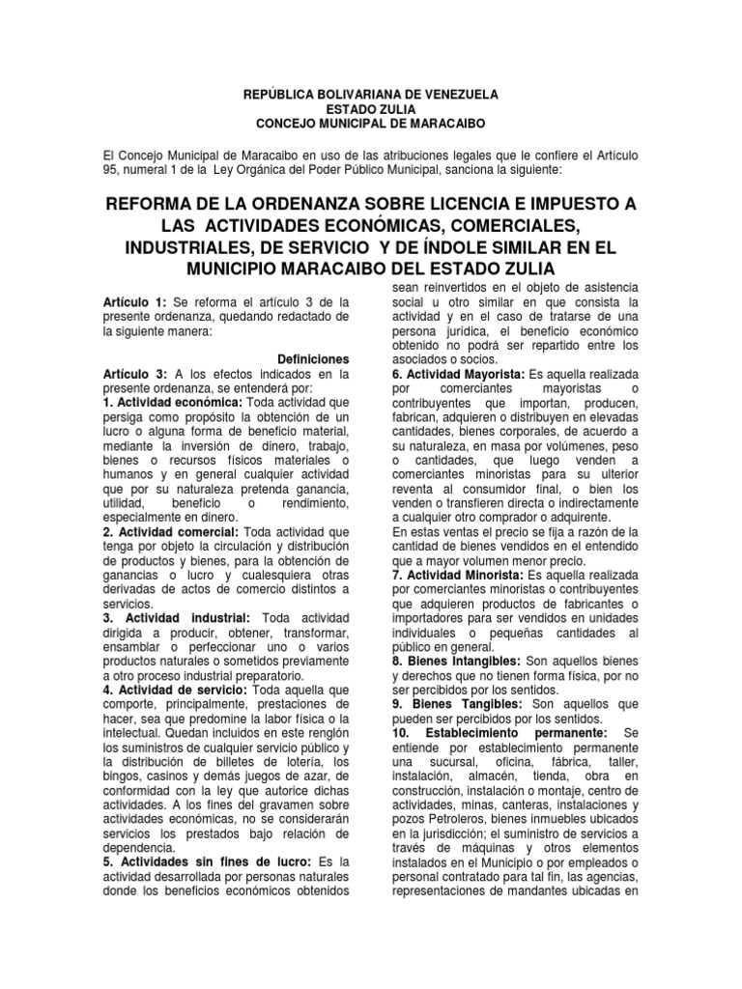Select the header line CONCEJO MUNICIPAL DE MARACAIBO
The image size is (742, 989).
pos(370,124)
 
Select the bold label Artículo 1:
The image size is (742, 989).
pos(134,302)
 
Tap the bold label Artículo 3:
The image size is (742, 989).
pos(135,373)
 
